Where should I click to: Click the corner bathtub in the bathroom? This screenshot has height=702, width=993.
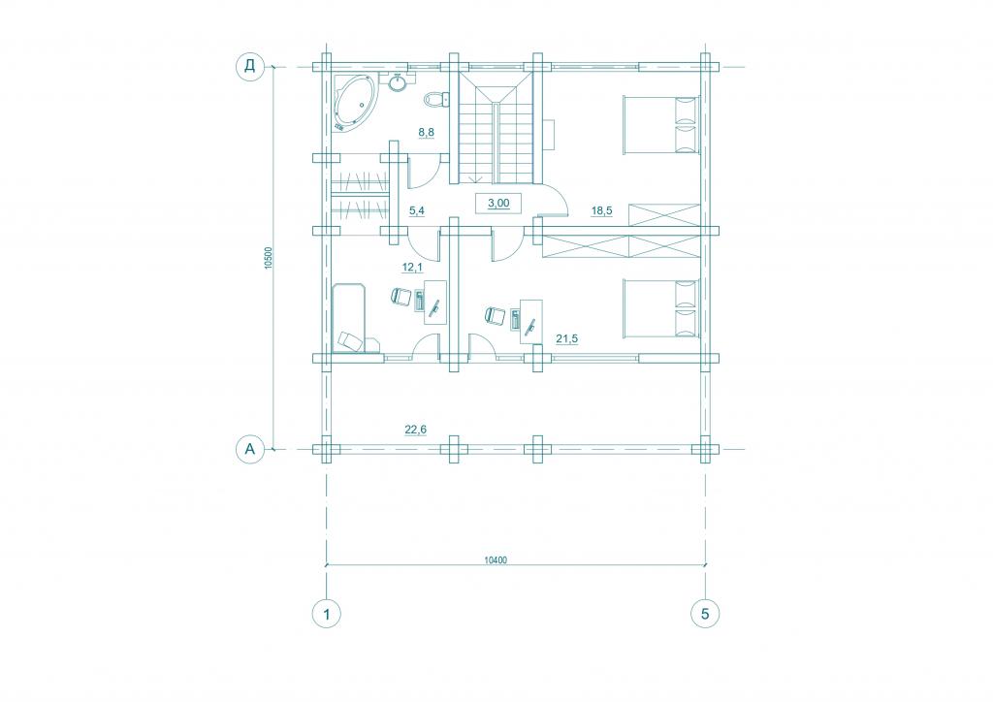(355, 103)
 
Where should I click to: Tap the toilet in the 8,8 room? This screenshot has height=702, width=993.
(435, 99)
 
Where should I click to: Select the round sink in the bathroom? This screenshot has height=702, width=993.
(398, 83)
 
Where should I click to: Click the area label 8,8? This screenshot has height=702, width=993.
(426, 132)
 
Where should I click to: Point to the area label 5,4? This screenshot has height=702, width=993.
(417, 210)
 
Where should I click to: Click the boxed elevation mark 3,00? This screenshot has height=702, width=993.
(498, 204)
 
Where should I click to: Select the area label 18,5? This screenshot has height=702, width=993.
(601, 210)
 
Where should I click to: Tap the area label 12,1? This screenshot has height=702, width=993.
(412, 268)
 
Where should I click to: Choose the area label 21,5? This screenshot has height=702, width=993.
(566, 339)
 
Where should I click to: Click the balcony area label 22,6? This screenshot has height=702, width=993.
(415, 430)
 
